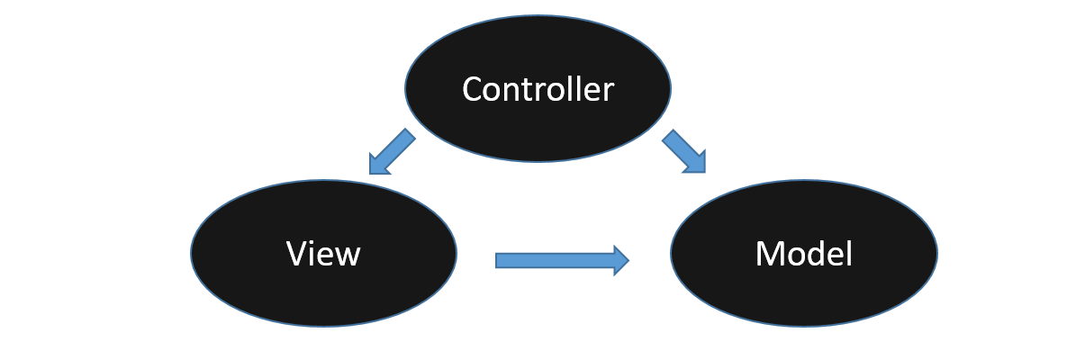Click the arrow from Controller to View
[392, 151]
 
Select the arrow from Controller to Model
[683, 151]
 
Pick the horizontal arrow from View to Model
[558, 260]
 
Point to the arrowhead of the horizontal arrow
[620, 260]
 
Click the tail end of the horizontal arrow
[501, 260]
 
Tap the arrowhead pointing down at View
[378, 165]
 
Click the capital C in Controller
[473, 90]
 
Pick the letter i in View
[313, 255]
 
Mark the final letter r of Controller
[609, 92]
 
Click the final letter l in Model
[848, 254]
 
